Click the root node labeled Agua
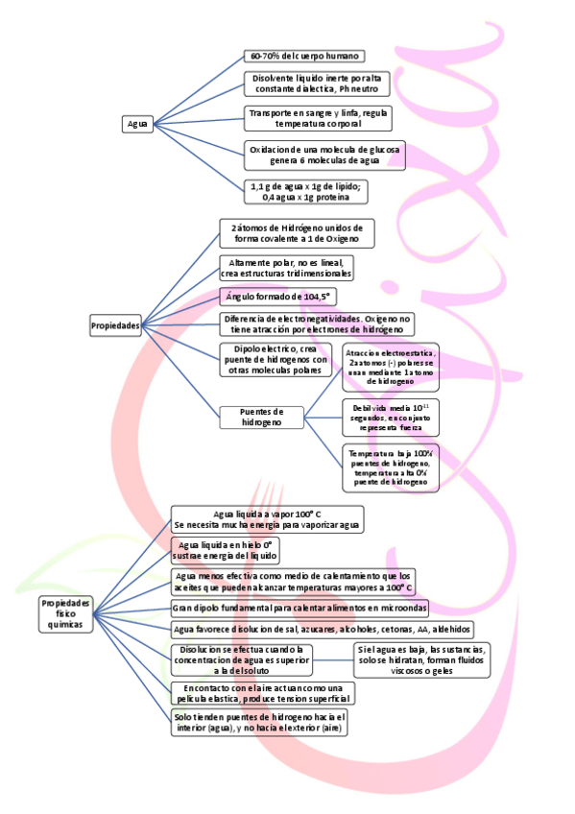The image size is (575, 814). tap(137, 124)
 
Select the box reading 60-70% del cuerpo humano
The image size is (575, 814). tap(302, 57)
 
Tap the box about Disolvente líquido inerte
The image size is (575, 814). tap(316, 84)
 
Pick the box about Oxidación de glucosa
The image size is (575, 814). tap(324, 155)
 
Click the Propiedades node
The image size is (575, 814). tap(115, 325)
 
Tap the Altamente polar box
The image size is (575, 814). tap(286, 267)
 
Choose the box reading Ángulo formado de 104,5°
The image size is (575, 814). tap(277, 297)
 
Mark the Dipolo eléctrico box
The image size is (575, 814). tap(276, 360)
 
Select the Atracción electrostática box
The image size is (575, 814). tap(390, 368)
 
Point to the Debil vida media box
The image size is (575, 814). tap(391, 418)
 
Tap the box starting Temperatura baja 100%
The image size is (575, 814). tap(390, 467)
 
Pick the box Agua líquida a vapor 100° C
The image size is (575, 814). tap(267, 519)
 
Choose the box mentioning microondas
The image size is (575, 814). tap(299, 608)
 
